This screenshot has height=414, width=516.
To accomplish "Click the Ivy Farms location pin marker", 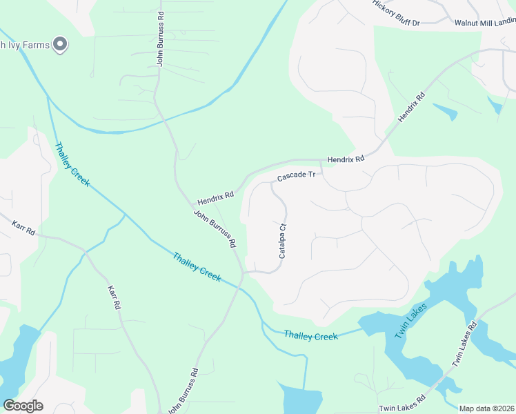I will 60,45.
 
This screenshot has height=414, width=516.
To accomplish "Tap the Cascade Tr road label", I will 296,177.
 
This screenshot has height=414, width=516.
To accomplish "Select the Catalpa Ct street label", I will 282,241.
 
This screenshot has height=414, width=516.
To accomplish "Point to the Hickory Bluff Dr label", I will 396,13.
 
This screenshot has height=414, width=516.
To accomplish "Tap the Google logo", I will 23,405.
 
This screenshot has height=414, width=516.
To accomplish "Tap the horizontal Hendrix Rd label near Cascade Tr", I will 346,159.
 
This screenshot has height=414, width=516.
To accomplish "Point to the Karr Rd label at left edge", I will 23,227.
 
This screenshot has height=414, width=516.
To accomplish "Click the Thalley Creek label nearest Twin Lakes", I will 310,336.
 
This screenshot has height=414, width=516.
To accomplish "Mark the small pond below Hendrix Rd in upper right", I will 445,110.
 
